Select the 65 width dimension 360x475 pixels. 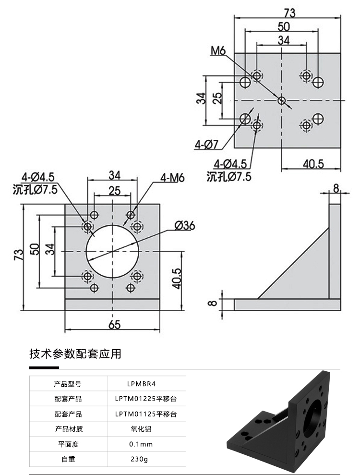click(114, 325)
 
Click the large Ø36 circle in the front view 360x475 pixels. click(112, 251)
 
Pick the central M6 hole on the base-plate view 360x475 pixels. click(282, 100)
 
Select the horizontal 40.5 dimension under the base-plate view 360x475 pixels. click(313, 164)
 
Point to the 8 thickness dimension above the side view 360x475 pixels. click(336, 187)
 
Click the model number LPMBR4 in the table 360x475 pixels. click(142, 384)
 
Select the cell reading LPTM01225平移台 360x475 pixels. click(146, 399)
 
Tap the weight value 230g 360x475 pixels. click(139, 459)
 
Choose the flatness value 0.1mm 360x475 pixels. click(141, 444)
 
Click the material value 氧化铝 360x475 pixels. click(140, 429)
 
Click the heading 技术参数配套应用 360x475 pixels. click(75, 354)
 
